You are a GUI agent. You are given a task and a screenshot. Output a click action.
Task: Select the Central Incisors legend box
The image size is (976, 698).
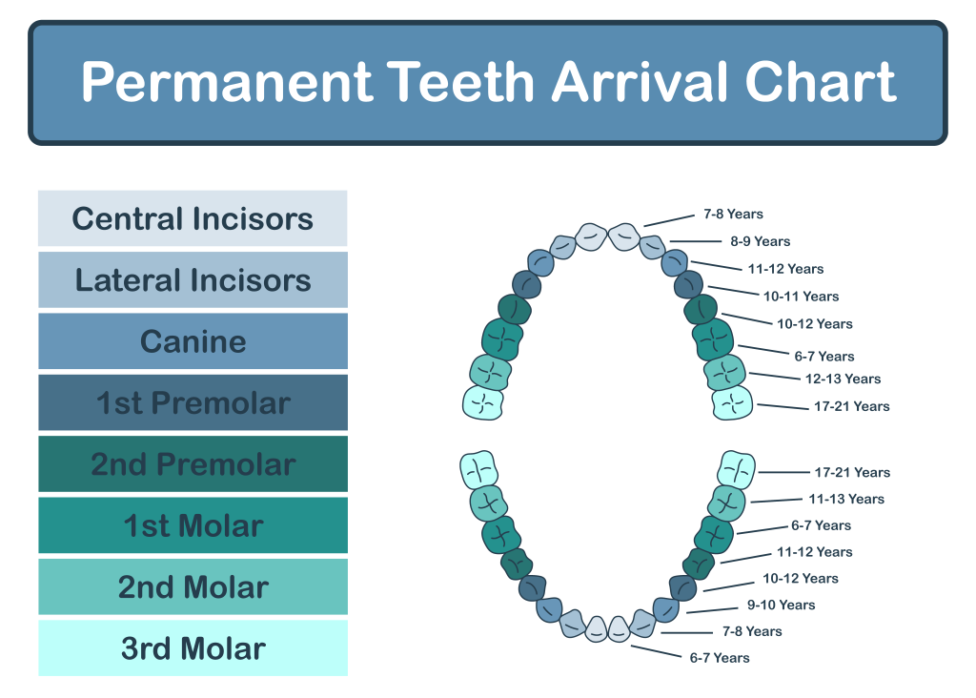click(193, 218)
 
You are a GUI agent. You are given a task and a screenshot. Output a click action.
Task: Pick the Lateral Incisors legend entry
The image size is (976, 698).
click(193, 280)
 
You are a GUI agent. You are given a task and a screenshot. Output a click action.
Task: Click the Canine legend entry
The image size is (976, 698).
click(193, 341)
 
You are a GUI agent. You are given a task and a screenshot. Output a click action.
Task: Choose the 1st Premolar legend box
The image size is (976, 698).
click(193, 402)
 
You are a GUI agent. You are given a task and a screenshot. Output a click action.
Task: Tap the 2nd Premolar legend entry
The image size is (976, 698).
click(193, 464)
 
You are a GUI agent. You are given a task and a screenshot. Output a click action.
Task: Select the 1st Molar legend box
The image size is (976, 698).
click(193, 525)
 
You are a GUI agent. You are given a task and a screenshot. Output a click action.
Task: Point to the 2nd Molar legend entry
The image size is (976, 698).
click(193, 587)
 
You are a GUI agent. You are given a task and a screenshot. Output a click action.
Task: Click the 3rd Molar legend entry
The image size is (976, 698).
click(193, 648)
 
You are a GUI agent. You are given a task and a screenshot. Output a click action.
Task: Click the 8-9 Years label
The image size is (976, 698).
click(760, 241)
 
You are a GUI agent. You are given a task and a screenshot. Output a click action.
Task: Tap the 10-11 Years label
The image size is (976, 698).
click(801, 296)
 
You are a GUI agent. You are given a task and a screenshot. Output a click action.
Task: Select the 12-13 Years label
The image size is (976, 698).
click(843, 379)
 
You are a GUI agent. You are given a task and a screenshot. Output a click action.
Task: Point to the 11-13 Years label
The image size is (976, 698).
click(846, 499)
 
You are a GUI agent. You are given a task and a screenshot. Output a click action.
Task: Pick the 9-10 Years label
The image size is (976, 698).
click(781, 605)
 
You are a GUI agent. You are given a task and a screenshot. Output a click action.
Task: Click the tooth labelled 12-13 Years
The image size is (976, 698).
click(724, 371)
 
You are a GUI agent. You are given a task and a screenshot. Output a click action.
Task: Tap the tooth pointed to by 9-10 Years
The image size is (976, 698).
click(665, 608)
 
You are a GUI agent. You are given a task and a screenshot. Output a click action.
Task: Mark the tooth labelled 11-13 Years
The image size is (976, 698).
click(726, 502)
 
